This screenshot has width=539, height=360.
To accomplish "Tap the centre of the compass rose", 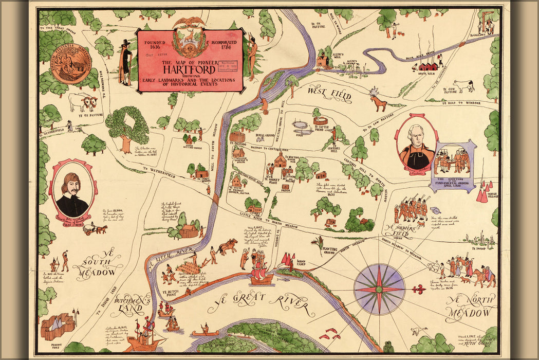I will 379,290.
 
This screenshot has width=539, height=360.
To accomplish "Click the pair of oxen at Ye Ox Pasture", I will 82,102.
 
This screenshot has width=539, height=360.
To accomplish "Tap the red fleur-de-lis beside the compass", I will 419,290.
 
